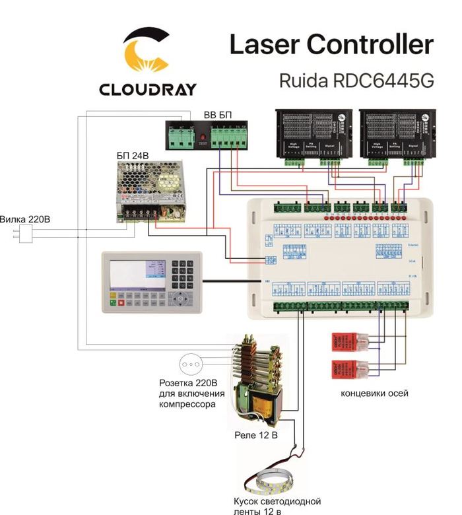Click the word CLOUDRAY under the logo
pyautogui.click(x=147, y=89)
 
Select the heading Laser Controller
pyautogui.click(x=331, y=44)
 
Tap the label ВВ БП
pyautogui.click(x=218, y=116)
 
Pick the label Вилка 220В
pyautogui.click(x=24, y=219)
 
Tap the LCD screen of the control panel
pyautogui.click(x=131, y=271)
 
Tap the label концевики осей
pyautogui.click(x=374, y=394)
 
